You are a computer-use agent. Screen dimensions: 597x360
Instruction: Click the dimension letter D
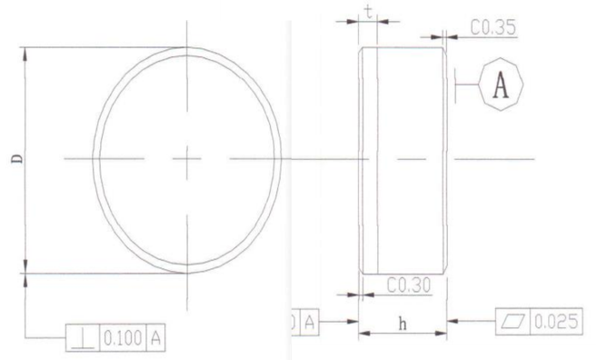17,158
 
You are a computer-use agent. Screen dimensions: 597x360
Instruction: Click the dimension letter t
369,12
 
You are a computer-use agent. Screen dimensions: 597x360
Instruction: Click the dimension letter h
403,324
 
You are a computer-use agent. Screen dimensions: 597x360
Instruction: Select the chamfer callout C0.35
493,27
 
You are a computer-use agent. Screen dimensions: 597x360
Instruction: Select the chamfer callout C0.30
409,285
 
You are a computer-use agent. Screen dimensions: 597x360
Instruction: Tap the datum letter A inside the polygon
501,85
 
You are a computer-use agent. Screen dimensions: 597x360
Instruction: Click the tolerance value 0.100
123,338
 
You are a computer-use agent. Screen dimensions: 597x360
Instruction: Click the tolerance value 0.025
556,322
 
